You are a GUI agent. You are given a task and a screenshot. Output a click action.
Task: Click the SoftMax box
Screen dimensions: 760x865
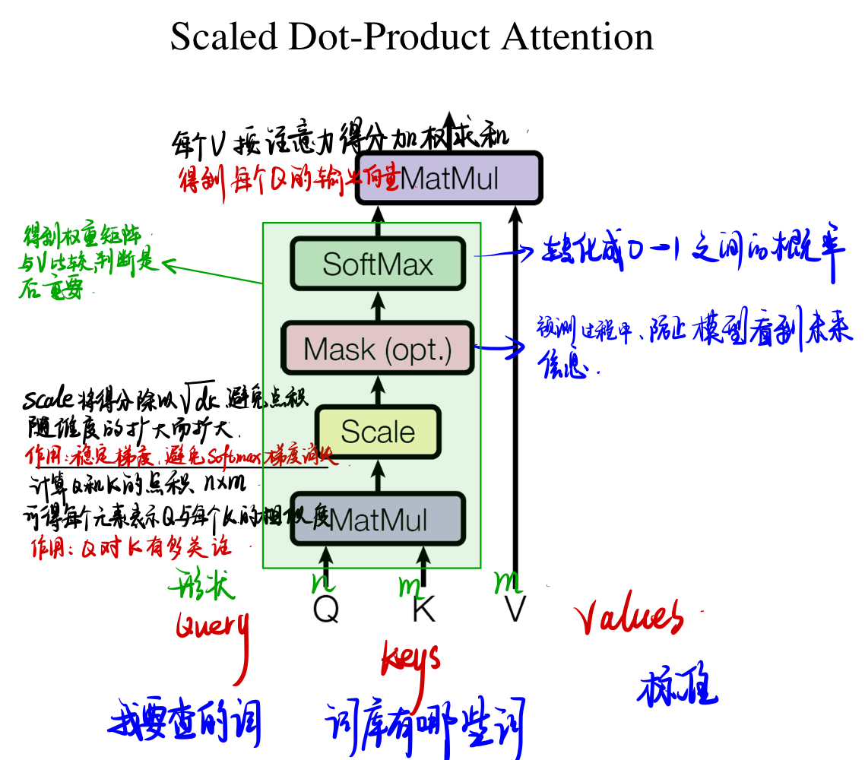(378, 264)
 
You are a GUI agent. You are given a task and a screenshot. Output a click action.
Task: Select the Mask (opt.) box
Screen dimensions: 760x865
(378, 349)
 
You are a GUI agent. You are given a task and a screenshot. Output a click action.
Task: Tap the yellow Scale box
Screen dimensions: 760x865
(378, 432)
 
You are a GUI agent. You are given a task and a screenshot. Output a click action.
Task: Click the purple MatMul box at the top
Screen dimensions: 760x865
(449, 179)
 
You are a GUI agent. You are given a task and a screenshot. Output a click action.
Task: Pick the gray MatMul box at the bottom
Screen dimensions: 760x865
(378, 521)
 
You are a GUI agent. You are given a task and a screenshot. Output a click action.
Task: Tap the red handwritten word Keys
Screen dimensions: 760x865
(410, 657)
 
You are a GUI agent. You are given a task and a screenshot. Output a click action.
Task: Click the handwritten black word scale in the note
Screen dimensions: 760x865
(48, 399)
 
